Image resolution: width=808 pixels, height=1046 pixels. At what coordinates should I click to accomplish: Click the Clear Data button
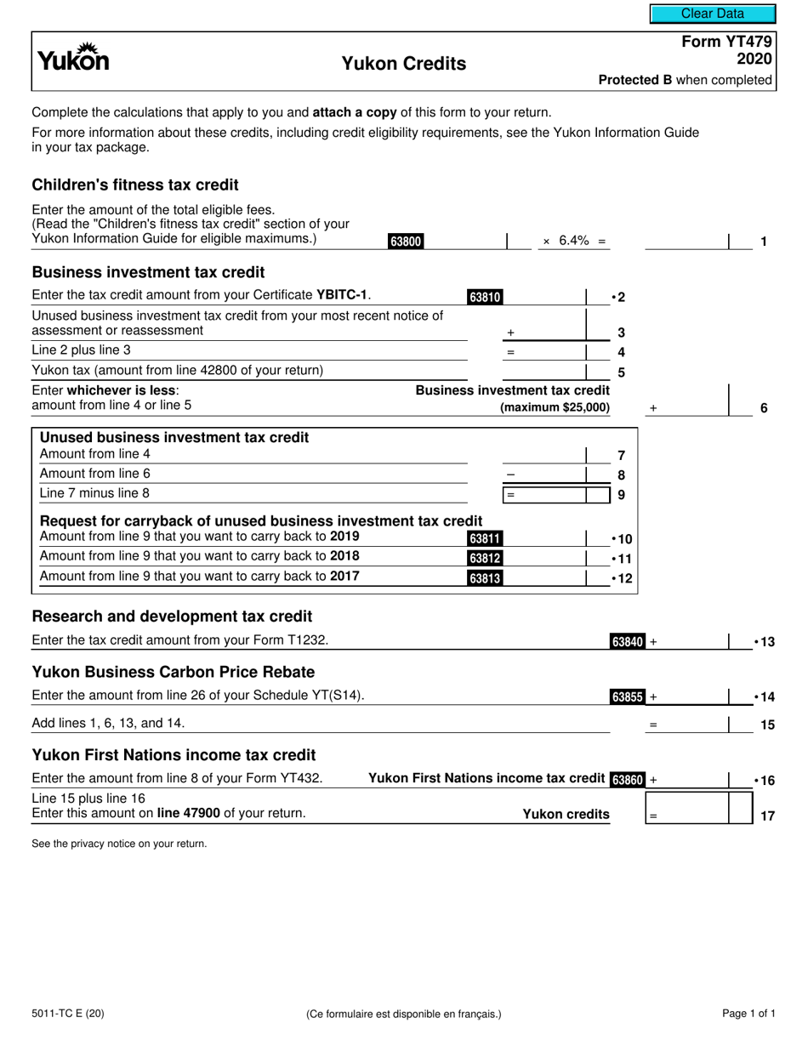tap(712, 14)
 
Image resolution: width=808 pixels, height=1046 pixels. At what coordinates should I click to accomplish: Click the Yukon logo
tap(73, 58)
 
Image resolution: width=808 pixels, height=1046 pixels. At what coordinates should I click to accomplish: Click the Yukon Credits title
tap(403, 64)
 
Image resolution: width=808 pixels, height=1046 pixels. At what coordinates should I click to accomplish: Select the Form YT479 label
tap(727, 42)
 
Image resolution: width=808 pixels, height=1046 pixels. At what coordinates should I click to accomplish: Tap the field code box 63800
tap(406, 242)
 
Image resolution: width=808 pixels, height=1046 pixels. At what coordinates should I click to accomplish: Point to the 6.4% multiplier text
tap(575, 241)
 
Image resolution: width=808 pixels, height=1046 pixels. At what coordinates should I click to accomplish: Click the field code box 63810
tap(485, 297)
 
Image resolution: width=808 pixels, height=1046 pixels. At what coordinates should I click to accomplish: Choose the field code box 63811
tap(485, 538)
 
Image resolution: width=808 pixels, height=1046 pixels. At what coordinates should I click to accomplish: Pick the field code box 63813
tap(485, 578)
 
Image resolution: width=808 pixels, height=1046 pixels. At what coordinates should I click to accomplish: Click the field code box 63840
tap(628, 642)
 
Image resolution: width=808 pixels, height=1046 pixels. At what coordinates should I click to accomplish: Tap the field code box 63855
tap(628, 697)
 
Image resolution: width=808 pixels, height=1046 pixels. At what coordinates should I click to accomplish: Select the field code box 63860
tap(628, 779)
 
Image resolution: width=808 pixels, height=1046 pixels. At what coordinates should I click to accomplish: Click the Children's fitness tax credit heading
tap(135, 185)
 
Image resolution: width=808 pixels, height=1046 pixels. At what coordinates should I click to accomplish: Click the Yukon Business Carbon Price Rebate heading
tap(173, 672)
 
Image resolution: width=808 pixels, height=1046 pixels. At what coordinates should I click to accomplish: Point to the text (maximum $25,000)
tap(555, 407)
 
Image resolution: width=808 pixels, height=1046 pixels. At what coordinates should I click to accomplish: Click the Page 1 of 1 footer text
tap(748, 1013)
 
